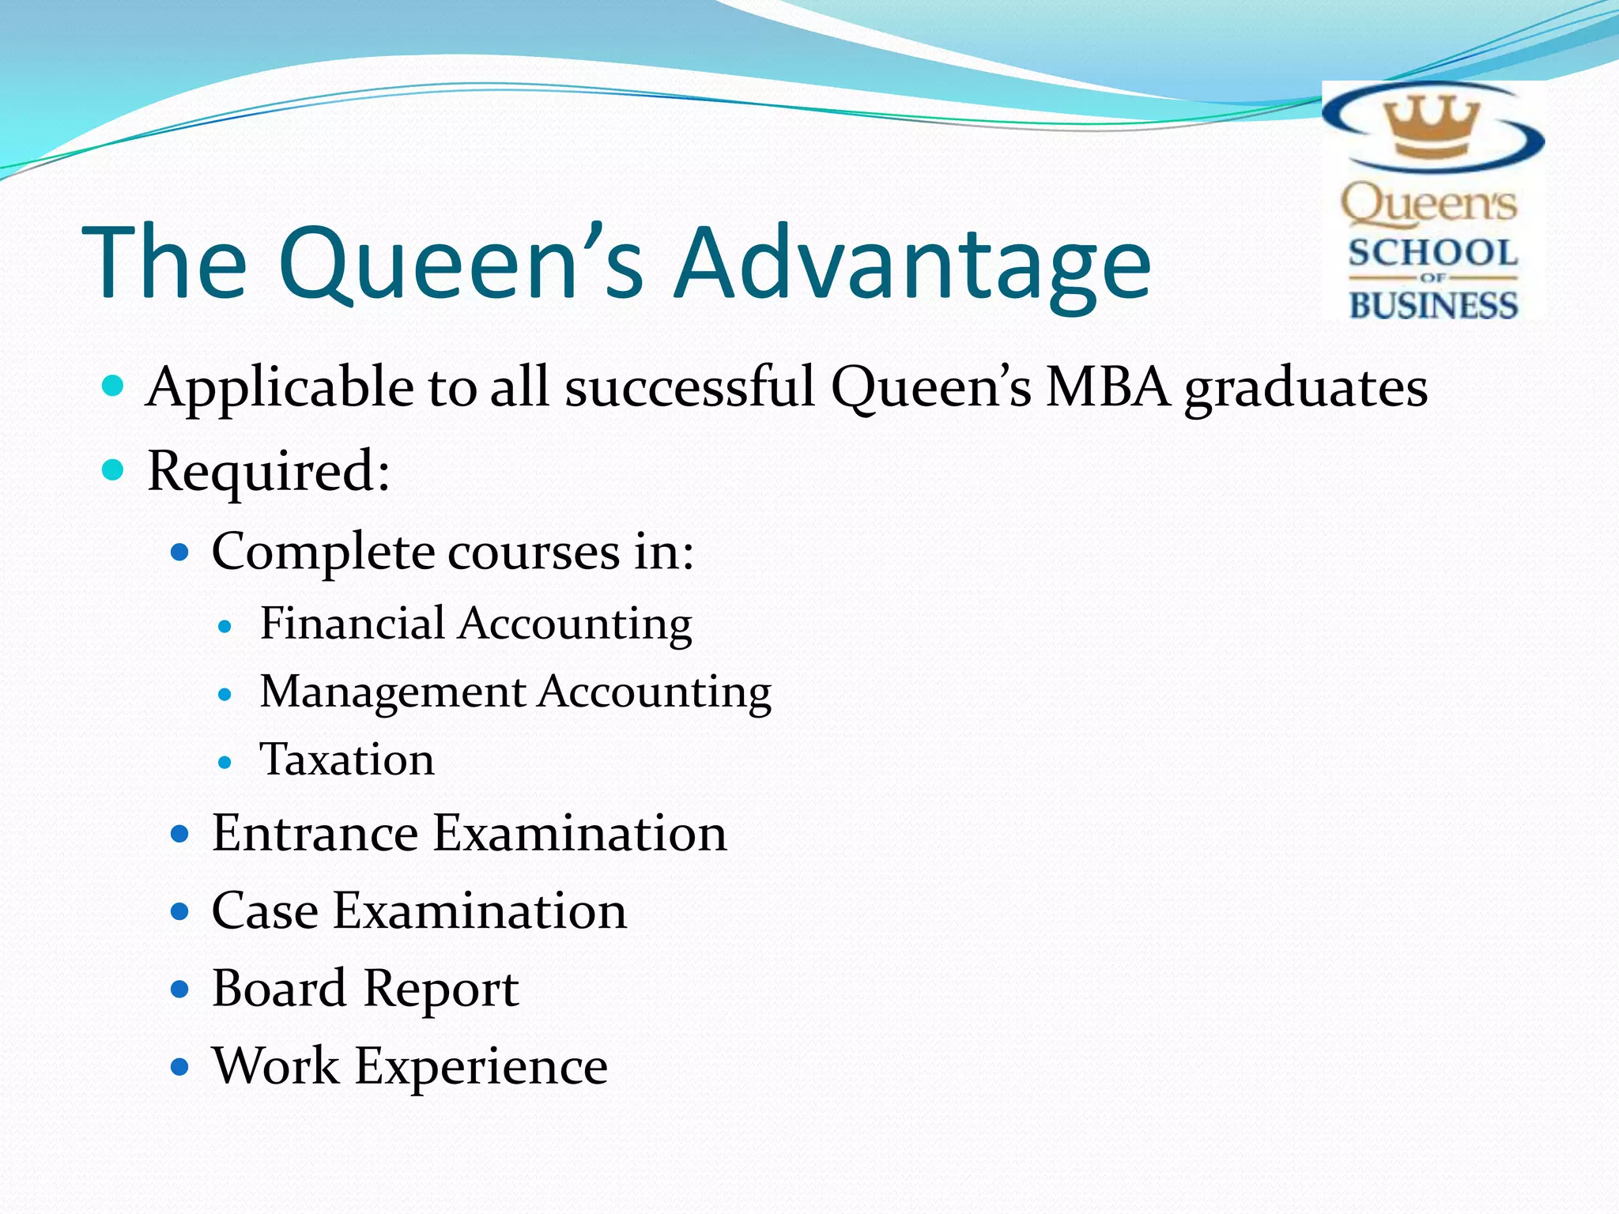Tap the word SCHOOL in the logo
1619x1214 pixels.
tap(1433, 254)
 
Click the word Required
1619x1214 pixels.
tap(267, 471)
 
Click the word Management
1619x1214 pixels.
tap(393, 692)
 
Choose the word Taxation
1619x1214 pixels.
tap(347, 760)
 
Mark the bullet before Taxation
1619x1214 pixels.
tap(225, 763)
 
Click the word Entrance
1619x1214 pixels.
tap(315, 833)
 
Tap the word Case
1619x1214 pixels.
tap(265, 910)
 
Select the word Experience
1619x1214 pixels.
tap(481, 1067)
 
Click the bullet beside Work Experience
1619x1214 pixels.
tap(180, 1068)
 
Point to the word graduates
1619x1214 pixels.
tap(1305, 389)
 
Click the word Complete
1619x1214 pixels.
tap(323, 552)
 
